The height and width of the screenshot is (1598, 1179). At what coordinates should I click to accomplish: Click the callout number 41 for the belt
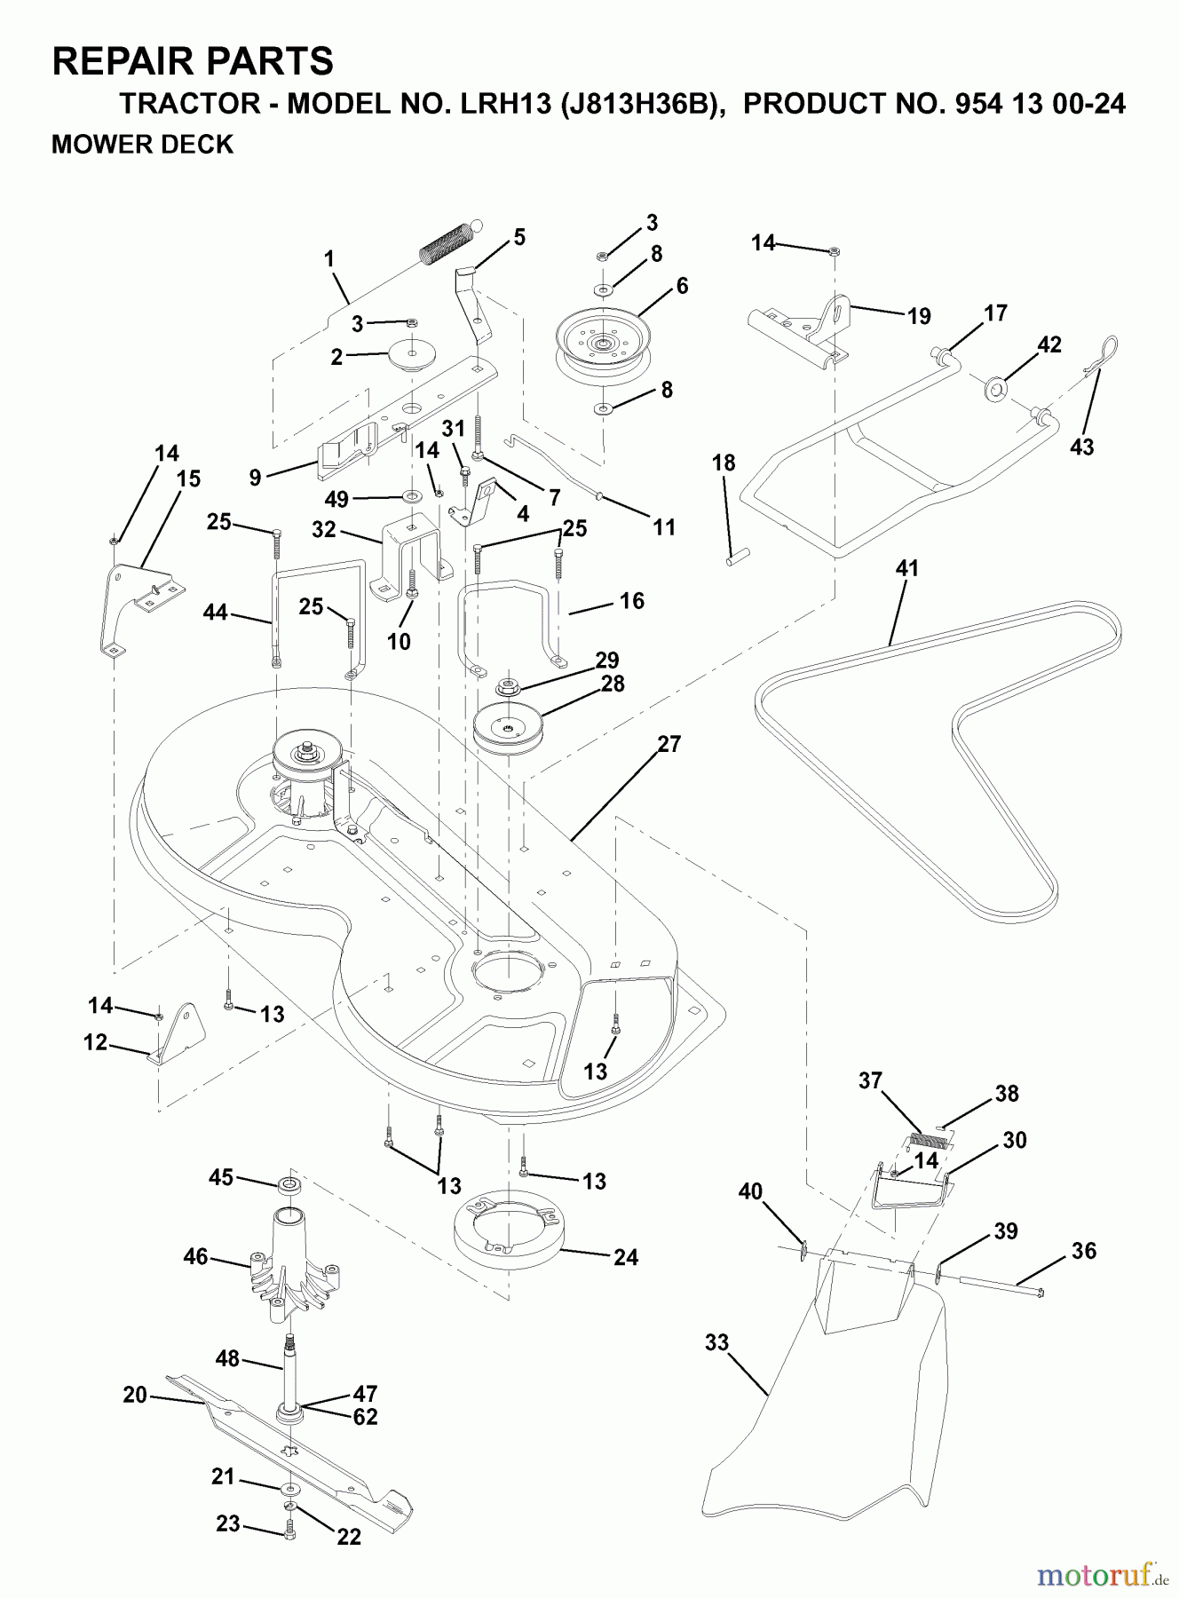pyautogui.click(x=906, y=568)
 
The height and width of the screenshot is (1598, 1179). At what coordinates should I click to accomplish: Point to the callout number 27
pyautogui.click(x=669, y=744)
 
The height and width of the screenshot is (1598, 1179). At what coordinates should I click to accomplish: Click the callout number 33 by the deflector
pyautogui.click(x=716, y=1342)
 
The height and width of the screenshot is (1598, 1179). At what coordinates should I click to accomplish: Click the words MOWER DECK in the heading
pyautogui.click(x=142, y=144)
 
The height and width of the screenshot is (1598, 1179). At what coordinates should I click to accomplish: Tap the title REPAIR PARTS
pyautogui.click(x=193, y=62)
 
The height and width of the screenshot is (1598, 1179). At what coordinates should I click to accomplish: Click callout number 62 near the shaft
pyautogui.click(x=365, y=1417)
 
